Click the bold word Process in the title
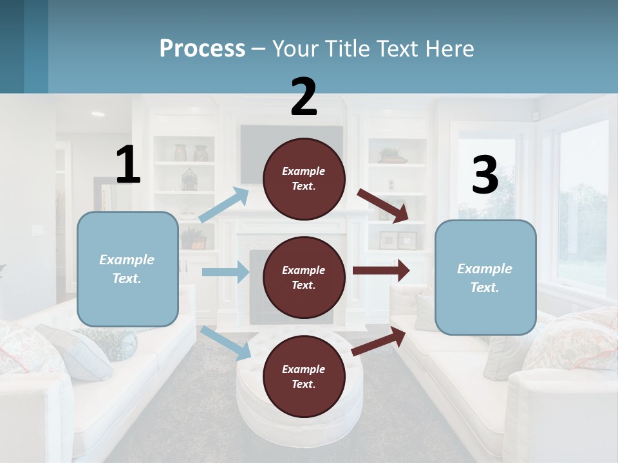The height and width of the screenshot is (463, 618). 202,49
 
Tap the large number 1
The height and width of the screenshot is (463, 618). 128,165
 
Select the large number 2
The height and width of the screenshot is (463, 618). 304,97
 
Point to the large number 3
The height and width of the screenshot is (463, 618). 485,175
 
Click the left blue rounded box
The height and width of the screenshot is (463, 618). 127,269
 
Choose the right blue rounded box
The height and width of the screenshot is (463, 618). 485,278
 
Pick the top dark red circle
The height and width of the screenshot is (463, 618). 304,179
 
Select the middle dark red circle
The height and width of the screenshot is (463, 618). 304,277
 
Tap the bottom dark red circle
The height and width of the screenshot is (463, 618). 304,376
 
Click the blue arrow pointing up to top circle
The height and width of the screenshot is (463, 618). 224,205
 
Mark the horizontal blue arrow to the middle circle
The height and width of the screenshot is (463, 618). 225,272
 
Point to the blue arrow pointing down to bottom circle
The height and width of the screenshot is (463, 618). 226,343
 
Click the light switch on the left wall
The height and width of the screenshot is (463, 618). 37,230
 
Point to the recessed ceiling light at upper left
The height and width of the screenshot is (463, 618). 98,114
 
